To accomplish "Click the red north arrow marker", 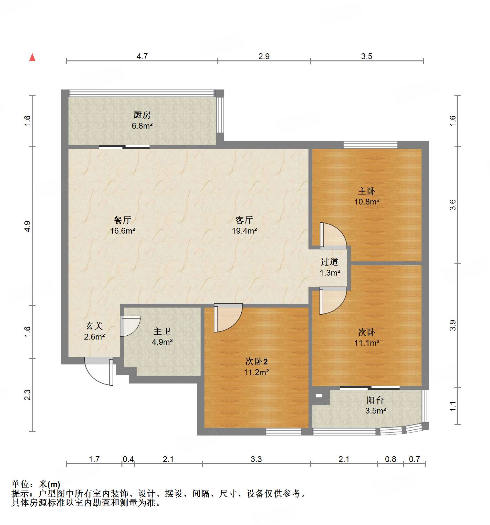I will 32,58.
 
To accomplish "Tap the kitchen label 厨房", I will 142,115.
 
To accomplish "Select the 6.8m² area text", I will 142,126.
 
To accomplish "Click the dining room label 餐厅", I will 122,220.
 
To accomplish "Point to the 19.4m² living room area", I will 244,231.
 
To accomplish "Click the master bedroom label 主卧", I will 367,191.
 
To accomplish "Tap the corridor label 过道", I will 329,262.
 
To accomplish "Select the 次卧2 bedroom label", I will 256,361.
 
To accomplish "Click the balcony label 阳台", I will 375,400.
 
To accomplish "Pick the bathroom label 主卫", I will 162,331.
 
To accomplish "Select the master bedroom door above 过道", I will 332,236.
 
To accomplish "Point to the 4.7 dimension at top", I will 142,56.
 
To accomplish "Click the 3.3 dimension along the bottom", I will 256,459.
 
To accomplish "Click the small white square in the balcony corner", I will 319,395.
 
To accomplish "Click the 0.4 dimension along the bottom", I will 128,459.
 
